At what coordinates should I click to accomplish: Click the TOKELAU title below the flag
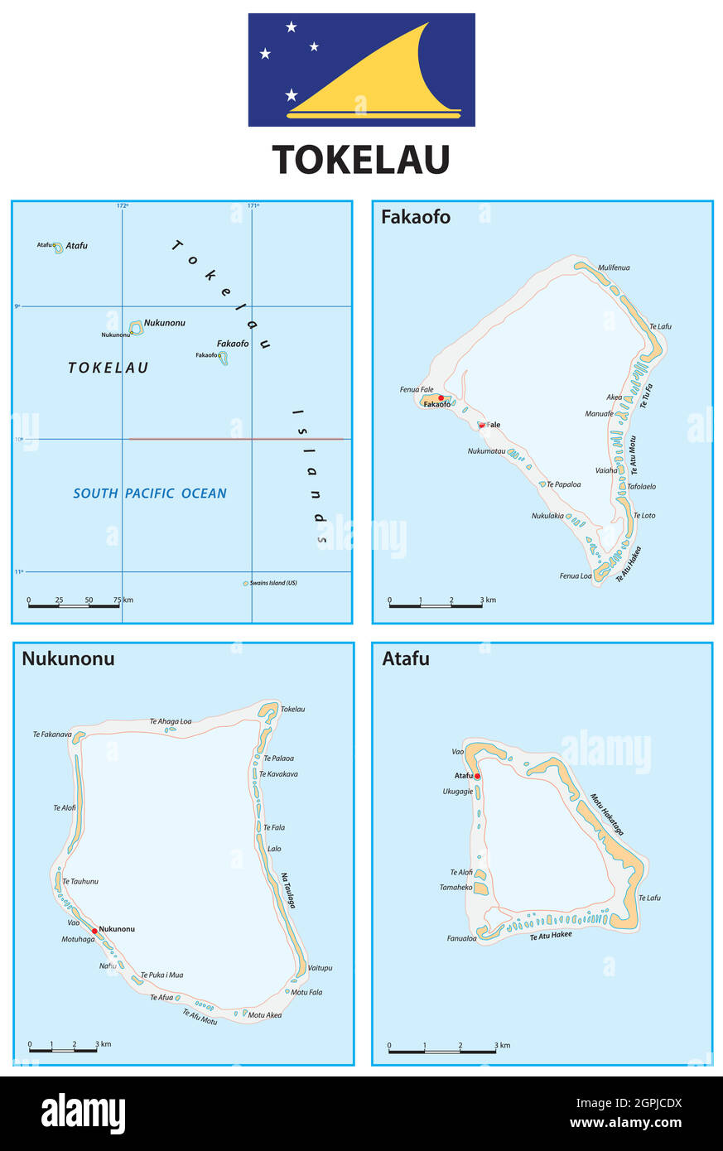tap(361, 160)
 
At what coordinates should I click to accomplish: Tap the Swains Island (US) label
tap(273, 583)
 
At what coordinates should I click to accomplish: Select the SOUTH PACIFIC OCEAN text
tap(150, 494)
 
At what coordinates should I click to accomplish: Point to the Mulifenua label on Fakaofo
tap(614, 267)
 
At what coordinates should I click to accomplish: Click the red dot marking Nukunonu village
tap(94, 931)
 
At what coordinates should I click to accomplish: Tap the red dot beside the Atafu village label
tap(478, 776)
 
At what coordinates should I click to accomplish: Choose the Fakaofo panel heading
tap(416, 217)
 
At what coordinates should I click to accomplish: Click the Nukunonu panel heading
tap(68, 659)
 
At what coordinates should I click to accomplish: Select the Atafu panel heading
tap(406, 659)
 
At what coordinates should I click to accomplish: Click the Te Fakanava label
tap(52, 734)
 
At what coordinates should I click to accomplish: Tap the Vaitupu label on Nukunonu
tap(320, 967)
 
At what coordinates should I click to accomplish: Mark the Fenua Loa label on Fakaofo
tap(576, 576)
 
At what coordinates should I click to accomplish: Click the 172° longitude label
tap(122, 205)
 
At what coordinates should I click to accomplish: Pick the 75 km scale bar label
tap(123, 600)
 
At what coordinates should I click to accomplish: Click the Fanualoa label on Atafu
tap(461, 938)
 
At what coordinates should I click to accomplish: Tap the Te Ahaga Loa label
tap(171, 721)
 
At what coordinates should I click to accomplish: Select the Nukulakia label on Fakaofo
tap(547, 516)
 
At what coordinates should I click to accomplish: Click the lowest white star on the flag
tap(292, 95)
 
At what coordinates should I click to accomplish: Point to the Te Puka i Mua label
tap(161, 975)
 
